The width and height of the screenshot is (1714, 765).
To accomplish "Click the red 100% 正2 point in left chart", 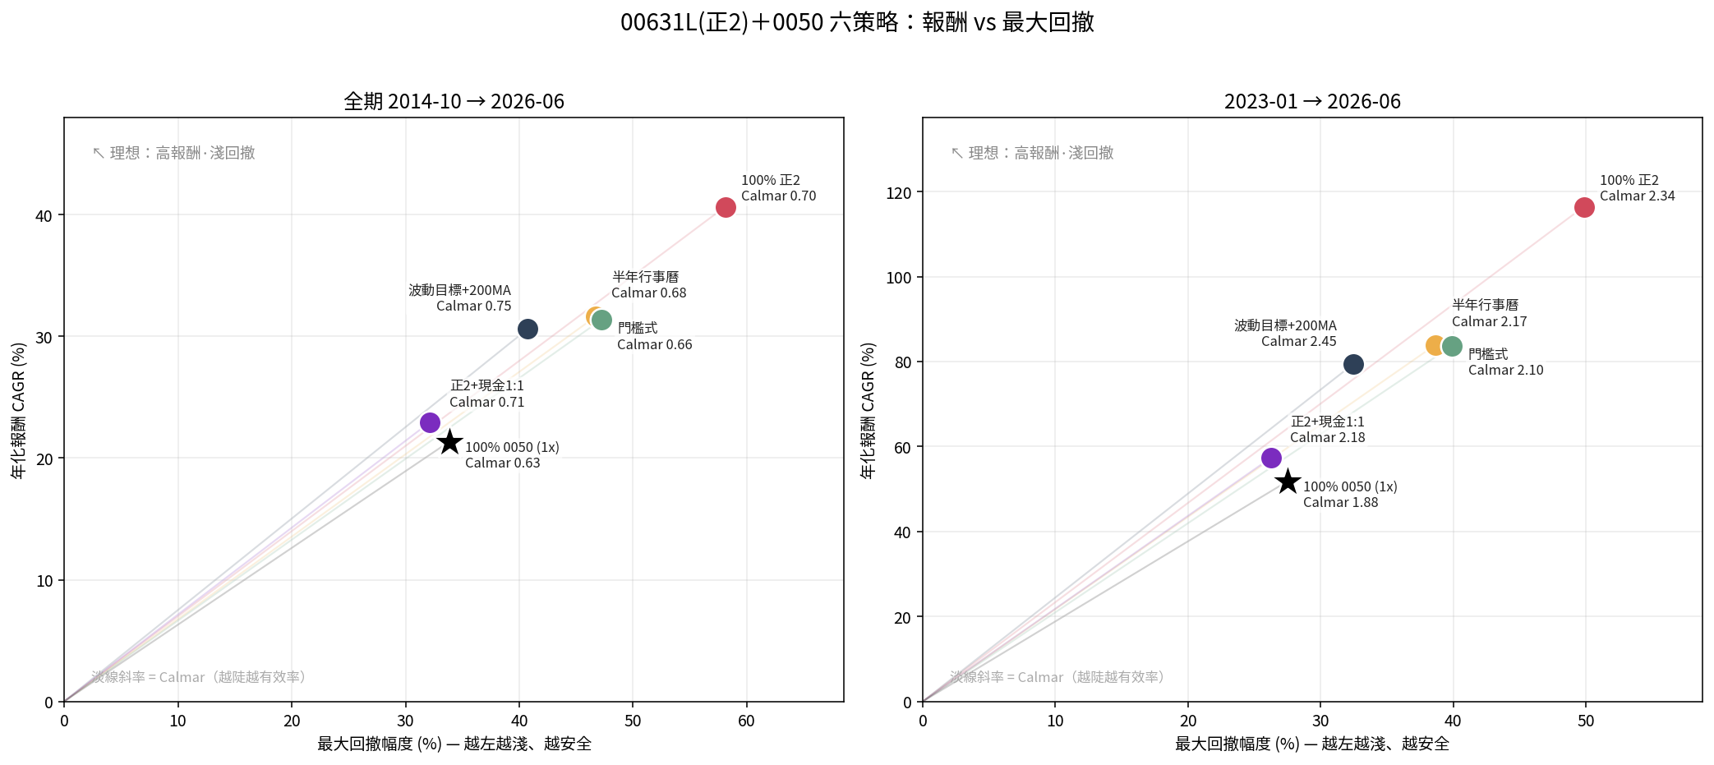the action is click(726, 207).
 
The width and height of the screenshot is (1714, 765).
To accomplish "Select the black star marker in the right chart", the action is click(1288, 482).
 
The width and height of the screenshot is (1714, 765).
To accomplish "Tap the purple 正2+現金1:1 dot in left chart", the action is click(430, 422).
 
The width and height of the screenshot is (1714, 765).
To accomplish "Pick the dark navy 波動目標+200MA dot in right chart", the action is click(1353, 364).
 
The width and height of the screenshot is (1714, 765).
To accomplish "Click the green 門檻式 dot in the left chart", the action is click(601, 320).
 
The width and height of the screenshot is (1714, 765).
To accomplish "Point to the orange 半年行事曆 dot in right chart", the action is click(1435, 345).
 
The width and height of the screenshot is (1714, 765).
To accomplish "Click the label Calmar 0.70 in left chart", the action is click(778, 196).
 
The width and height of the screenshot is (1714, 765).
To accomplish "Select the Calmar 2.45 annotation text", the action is click(1299, 341).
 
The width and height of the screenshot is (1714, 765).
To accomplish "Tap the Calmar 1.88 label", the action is click(1341, 502).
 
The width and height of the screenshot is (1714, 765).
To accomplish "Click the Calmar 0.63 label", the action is click(503, 463).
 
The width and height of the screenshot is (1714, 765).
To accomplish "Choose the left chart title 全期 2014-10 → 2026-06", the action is click(454, 101).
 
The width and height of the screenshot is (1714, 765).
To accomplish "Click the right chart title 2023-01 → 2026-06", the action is click(1312, 101).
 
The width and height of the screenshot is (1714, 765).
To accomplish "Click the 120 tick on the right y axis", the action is click(899, 193).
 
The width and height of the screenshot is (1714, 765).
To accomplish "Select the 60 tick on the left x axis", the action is click(746, 721).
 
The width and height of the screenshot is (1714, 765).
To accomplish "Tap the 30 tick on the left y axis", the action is click(44, 338).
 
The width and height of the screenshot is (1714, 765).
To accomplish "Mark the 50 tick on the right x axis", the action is click(1586, 721).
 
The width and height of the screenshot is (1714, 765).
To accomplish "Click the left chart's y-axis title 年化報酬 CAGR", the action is click(19, 410).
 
